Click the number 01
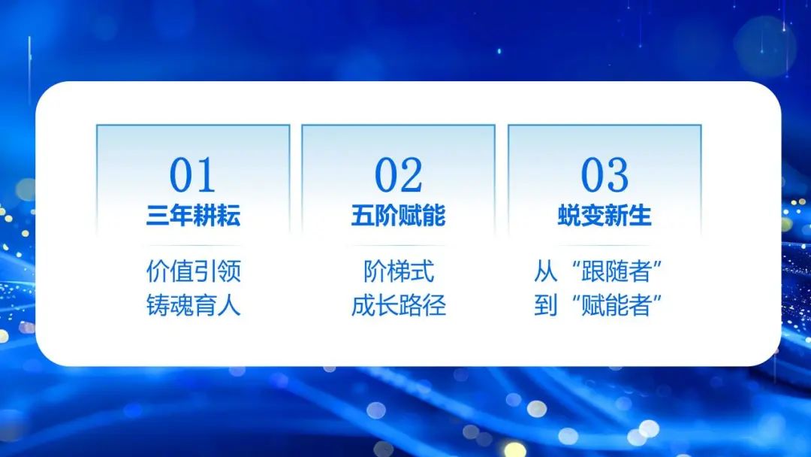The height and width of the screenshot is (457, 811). coord(192,175)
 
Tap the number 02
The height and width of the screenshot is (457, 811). coord(398,175)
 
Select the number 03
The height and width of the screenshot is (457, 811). coord(604,175)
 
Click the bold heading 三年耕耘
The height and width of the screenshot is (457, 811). coord(193,215)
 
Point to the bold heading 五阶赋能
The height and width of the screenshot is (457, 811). coord(398,215)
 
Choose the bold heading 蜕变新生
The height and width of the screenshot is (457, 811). coord(604,215)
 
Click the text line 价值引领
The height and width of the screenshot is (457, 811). coord(194,271)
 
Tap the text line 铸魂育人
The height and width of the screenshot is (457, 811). coord(194,305)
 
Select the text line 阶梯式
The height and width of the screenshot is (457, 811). coord(398,271)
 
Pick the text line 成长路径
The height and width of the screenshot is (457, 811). coord(398,305)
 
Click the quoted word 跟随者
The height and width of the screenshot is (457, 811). coord(616,271)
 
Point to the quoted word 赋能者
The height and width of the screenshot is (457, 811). coord(616,305)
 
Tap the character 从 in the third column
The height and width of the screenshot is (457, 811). coord(546,271)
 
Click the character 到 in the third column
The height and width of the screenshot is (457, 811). coord(546,305)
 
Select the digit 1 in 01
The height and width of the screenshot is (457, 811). coord(205,175)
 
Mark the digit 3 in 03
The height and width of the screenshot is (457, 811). coord(618,175)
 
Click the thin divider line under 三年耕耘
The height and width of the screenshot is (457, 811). coord(194,245)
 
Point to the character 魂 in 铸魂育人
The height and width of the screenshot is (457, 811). coord(182,305)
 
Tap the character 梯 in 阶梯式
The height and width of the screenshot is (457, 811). coord(398,271)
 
